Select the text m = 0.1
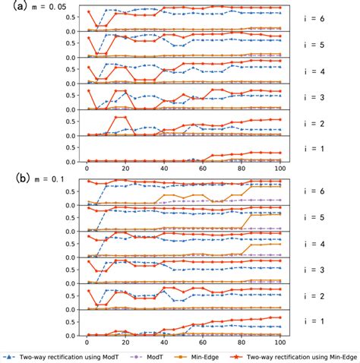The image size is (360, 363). (x=41, y=180)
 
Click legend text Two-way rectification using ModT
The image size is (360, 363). (x=69, y=355)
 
